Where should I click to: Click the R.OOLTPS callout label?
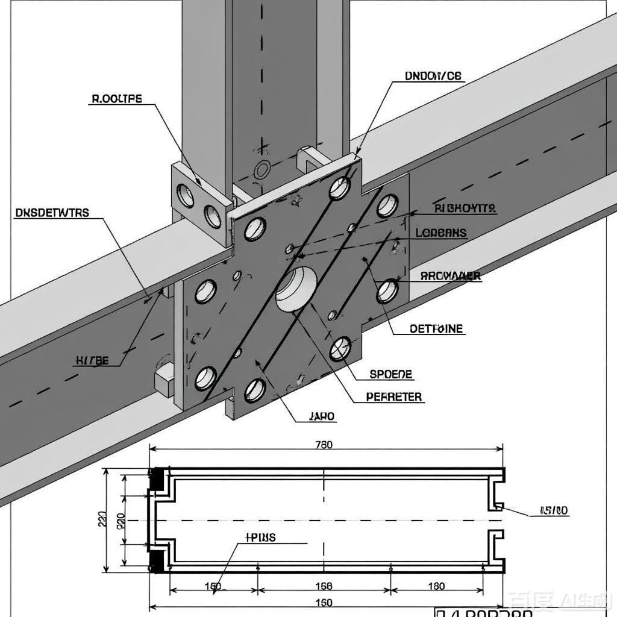(116, 99)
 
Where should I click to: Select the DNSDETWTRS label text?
(52, 213)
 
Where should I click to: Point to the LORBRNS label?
(440, 233)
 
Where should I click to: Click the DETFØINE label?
(436, 329)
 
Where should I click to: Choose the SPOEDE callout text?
(391, 374)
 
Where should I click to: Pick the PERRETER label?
(394, 397)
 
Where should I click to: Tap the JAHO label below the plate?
(322, 416)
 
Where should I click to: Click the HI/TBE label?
(92, 361)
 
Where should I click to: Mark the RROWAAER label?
(450, 276)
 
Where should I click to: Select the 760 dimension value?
(324, 445)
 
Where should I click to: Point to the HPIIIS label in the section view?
(260, 537)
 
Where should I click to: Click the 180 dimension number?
(436, 586)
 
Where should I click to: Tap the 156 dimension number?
(324, 586)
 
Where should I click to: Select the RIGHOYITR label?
(465, 208)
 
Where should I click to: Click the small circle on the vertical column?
(262, 170)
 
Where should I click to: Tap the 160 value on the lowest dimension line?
(324, 603)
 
